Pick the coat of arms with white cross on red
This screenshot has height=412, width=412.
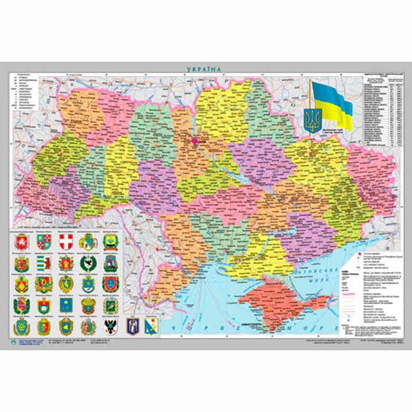65,242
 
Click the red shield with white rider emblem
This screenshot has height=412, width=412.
21,242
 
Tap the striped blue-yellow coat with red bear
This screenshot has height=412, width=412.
43,264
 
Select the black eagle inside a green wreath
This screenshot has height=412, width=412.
88,264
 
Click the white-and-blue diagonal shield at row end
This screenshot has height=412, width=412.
154,326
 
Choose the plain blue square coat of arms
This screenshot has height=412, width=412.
65,305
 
